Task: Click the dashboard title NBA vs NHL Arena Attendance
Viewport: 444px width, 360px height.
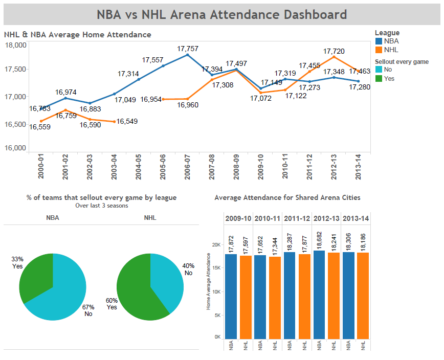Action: click(221, 14)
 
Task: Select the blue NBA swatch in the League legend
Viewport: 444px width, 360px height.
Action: click(379, 41)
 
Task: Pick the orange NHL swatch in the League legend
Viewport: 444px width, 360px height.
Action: click(379, 50)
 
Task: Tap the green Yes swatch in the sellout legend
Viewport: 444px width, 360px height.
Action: click(379, 78)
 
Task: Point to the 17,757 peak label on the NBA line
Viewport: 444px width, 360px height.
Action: click(188, 49)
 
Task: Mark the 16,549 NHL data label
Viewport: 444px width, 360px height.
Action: click(127, 122)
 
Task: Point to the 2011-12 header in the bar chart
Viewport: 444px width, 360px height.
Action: click(297, 218)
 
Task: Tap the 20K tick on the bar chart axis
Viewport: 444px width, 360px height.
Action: click(217, 244)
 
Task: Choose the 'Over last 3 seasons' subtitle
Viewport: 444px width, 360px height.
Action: click(101, 206)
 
